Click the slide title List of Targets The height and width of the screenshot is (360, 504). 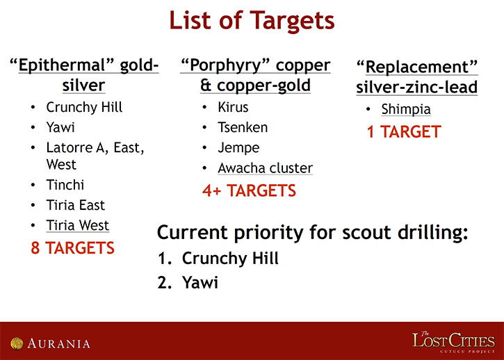(x=252, y=21)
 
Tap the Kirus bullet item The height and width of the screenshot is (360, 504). (x=233, y=107)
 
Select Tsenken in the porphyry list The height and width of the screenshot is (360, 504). (x=243, y=128)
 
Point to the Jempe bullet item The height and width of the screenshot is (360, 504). (x=238, y=148)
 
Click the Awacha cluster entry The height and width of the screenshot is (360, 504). (x=265, y=168)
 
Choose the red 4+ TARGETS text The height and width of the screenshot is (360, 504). (x=249, y=190)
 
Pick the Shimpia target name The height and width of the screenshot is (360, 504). (x=406, y=110)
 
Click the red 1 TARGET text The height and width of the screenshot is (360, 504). (x=404, y=132)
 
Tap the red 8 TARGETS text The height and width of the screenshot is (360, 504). (x=72, y=248)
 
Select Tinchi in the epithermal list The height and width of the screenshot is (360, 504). (x=65, y=185)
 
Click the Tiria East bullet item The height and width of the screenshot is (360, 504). (x=76, y=205)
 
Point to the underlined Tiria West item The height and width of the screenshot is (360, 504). (x=77, y=225)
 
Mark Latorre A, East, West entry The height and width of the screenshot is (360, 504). (x=95, y=156)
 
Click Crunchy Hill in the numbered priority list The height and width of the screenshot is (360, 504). (x=230, y=259)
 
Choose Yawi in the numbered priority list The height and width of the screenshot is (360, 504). (x=200, y=283)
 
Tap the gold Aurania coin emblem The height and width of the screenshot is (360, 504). (x=17, y=343)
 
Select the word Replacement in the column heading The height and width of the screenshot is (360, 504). (x=417, y=67)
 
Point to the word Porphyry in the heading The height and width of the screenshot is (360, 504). (x=224, y=66)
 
